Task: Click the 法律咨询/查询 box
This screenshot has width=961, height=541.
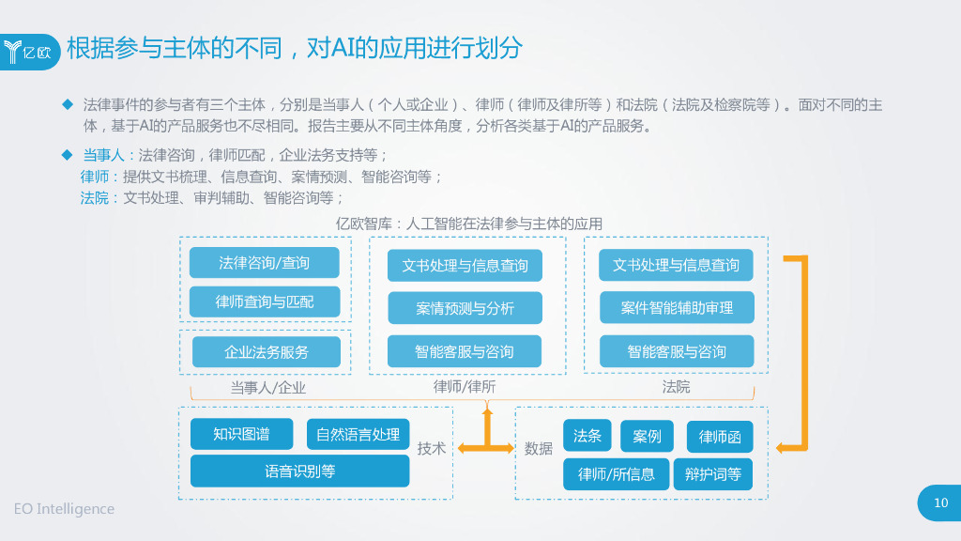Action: point(264,263)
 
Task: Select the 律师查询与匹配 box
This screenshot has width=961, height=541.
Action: point(264,301)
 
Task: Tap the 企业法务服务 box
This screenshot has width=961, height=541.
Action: point(266,352)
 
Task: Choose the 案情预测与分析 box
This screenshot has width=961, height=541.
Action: point(465,308)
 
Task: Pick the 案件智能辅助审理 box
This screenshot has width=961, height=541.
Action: point(677,307)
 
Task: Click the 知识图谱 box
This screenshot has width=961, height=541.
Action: point(241,434)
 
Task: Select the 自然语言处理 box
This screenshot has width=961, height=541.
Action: point(358,434)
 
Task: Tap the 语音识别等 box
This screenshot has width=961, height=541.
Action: point(299,471)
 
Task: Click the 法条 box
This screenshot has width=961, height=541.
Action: point(587,435)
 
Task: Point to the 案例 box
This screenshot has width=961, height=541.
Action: point(647,436)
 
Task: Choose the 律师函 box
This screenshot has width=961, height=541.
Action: point(720,437)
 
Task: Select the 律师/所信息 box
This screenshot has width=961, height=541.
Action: point(616,474)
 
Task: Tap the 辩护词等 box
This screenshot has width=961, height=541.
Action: point(712,474)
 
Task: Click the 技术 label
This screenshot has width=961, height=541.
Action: point(432,449)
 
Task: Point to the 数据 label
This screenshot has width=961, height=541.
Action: point(539,449)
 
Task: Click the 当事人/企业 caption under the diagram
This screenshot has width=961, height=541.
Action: point(267,387)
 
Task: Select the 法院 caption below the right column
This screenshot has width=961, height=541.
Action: point(676,386)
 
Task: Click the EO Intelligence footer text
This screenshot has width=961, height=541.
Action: point(64,509)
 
